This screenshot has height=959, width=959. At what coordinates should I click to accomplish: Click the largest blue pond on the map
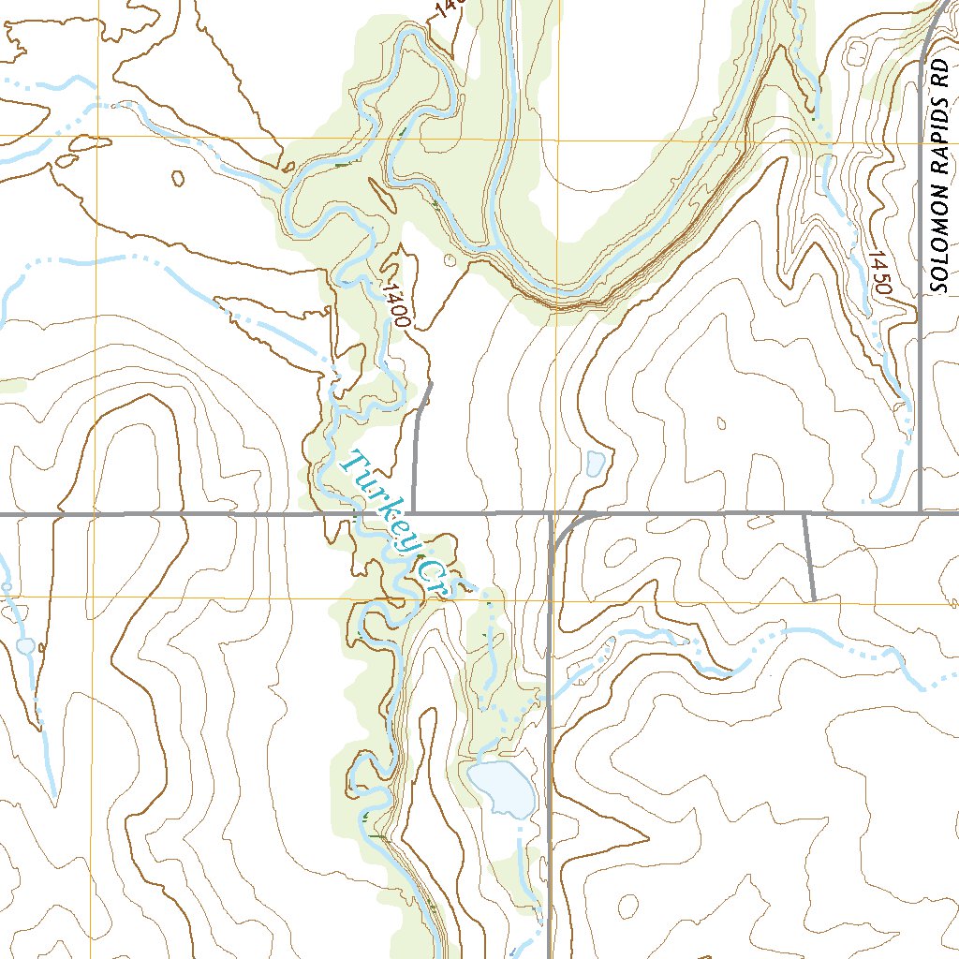coord(503,789)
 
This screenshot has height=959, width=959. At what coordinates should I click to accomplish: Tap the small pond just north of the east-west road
coord(594,463)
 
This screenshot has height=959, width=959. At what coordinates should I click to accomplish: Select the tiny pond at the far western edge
coord(24,646)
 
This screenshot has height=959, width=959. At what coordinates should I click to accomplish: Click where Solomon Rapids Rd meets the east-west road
coord(921,512)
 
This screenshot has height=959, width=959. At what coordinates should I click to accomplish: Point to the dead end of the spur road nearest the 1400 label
coord(431,383)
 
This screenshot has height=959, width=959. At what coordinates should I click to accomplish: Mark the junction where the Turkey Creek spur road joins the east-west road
coord(413,513)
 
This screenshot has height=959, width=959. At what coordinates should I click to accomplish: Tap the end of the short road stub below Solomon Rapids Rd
coord(813,599)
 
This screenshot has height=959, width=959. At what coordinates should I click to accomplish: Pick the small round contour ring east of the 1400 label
coord(449,259)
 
